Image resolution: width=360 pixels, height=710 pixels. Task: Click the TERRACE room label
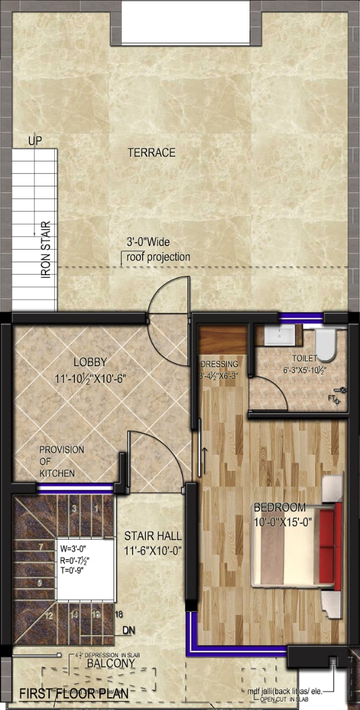pyautogui.click(x=151, y=153)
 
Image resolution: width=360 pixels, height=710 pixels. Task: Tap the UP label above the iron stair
pyautogui.click(x=35, y=141)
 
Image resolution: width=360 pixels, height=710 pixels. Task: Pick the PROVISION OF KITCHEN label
pyautogui.click(x=61, y=461)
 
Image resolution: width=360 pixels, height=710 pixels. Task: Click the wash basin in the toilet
pyautogui.click(x=280, y=334)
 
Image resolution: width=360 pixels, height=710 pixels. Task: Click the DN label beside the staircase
pyautogui.click(x=128, y=631)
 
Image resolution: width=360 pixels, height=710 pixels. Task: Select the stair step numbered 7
pyautogui.click(x=40, y=546)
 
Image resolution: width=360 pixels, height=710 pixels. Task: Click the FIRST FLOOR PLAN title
pyautogui.click(x=74, y=694)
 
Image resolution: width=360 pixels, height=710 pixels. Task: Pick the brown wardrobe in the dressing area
pyautogui.click(x=222, y=340)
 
